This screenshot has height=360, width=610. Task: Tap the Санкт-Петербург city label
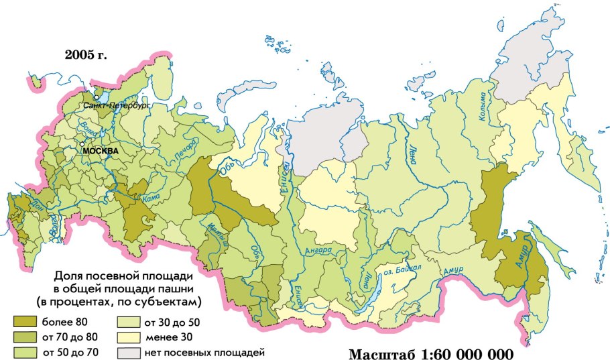click(x=116, y=106)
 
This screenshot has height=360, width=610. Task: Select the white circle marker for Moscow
click(x=82, y=144)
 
